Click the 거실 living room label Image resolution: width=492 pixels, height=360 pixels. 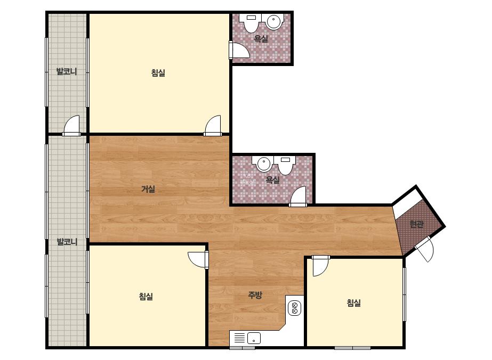pyautogui.click(x=148, y=189)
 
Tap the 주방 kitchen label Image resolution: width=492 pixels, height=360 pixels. pyautogui.click(x=255, y=295)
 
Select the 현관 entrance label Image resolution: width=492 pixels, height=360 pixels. pyautogui.click(x=417, y=224)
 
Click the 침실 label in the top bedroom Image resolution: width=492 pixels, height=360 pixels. pyautogui.click(x=158, y=73)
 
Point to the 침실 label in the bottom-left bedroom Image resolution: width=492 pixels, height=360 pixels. pyautogui.click(x=146, y=296)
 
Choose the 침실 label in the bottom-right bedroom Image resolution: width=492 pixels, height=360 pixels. pyautogui.click(x=353, y=302)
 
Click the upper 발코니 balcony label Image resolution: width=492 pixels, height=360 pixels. pyautogui.click(x=67, y=71)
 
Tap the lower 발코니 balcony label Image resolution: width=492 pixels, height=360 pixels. pyautogui.click(x=67, y=242)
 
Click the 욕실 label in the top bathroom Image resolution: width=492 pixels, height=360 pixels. pyautogui.click(x=261, y=39)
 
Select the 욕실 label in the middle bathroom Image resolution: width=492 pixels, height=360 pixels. pyautogui.click(x=273, y=180)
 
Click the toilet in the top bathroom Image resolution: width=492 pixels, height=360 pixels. pyautogui.click(x=251, y=23)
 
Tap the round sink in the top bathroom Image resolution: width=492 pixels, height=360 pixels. pyautogui.click(x=273, y=22)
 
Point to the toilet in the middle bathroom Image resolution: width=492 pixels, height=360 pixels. pyautogui.click(x=285, y=165)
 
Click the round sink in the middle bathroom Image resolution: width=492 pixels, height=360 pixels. pyautogui.click(x=263, y=163)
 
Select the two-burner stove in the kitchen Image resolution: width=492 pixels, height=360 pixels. pyautogui.click(x=294, y=308)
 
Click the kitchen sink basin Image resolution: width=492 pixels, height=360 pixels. pyautogui.click(x=254, y=338)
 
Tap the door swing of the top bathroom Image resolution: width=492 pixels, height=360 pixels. pyautogui.click(x=240, y=50)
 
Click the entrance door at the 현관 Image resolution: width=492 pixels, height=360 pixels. pyautogui.click(x=425, y=249)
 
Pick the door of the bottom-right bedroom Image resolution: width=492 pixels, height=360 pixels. pyautogui.click(x=320, y=266)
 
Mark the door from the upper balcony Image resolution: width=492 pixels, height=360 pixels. pyautogui.click(x=71, y=126)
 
